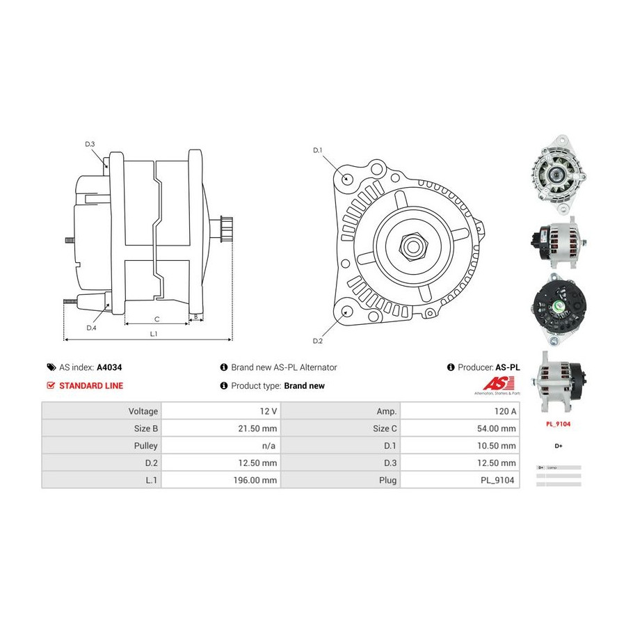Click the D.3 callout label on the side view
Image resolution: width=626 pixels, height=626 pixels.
pos(90,144)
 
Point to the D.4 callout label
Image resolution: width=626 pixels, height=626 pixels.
pos(91,328)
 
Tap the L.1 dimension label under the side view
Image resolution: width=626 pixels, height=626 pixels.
pos(154,333)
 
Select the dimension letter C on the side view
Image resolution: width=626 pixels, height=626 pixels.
pos(156,319)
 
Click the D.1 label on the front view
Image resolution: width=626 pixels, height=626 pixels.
pos(317,150)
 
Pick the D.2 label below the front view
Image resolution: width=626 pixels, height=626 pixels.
pos(317,341)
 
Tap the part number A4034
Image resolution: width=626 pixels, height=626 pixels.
pos(109,367)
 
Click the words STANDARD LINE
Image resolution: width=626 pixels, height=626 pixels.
pos(91,385)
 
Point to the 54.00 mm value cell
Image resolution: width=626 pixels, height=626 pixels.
pos(497,428)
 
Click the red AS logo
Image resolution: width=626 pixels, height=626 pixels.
pos(499,383)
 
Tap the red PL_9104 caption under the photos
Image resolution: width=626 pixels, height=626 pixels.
pos(558,423)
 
